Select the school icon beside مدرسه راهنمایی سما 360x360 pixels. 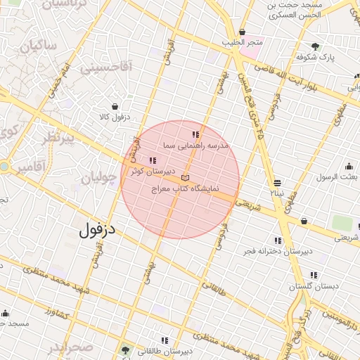[195, 134]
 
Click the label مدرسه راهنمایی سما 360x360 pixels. [189, 145]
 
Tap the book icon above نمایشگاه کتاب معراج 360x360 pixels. [186, 177]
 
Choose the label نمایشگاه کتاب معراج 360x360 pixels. [186, 189]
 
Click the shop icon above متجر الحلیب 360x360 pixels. [243, 32]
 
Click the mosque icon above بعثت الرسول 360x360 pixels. [349, 167]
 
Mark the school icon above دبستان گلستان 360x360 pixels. [314, 275]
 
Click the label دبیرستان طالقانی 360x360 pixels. [166, 350]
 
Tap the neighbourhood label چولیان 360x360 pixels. [98, 178]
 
